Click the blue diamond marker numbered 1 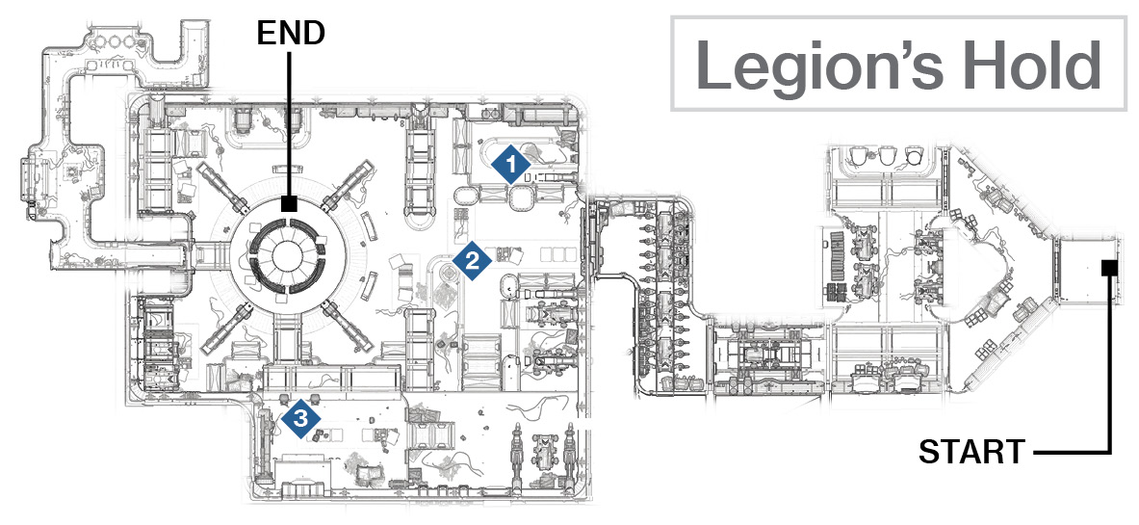[x=510, y=166]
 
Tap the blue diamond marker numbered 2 [x=472, y=261]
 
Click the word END [x=291, y=34]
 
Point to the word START [x=971, y=452]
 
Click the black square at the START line [x=1108, y=269]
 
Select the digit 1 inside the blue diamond [x=511, y=166]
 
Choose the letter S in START [x=930, y=452]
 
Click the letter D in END [x=314, y=34]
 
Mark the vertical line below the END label [x=290, y=124]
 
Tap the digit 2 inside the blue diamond [x=472, y=261]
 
